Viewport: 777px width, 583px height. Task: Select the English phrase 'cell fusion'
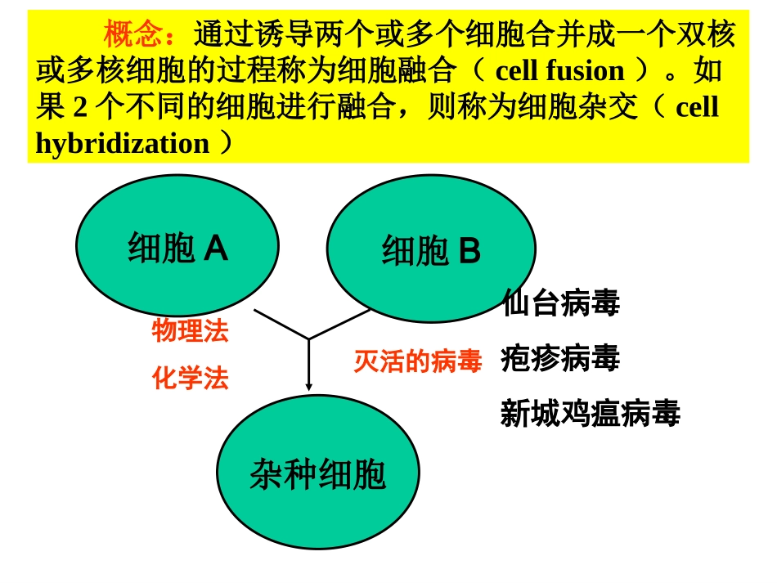click(559, 71)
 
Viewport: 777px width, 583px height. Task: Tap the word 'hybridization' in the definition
click(123, 144)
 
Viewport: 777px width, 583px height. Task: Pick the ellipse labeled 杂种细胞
click(317, 473)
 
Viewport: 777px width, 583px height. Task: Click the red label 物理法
click(190, 331)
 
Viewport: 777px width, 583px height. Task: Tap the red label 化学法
click(190, 379)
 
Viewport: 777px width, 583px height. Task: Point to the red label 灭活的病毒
click(417, 361)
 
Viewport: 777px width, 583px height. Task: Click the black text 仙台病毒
click(561, 303)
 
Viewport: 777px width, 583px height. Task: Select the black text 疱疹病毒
click(561, 359)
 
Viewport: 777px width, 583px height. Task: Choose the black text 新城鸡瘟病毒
click(590, 414)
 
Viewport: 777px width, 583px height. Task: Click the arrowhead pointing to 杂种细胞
click(309, 386)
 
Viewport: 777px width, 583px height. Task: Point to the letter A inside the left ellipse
click(215, 248)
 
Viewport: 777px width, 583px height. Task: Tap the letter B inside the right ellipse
click(469, 252)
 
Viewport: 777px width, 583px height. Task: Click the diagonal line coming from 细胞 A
click(281, 324)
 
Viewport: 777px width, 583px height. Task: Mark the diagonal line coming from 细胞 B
click(339, 324)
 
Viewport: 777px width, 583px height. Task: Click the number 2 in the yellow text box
click(79, 108)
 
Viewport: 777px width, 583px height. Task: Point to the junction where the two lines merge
click(308, 339)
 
